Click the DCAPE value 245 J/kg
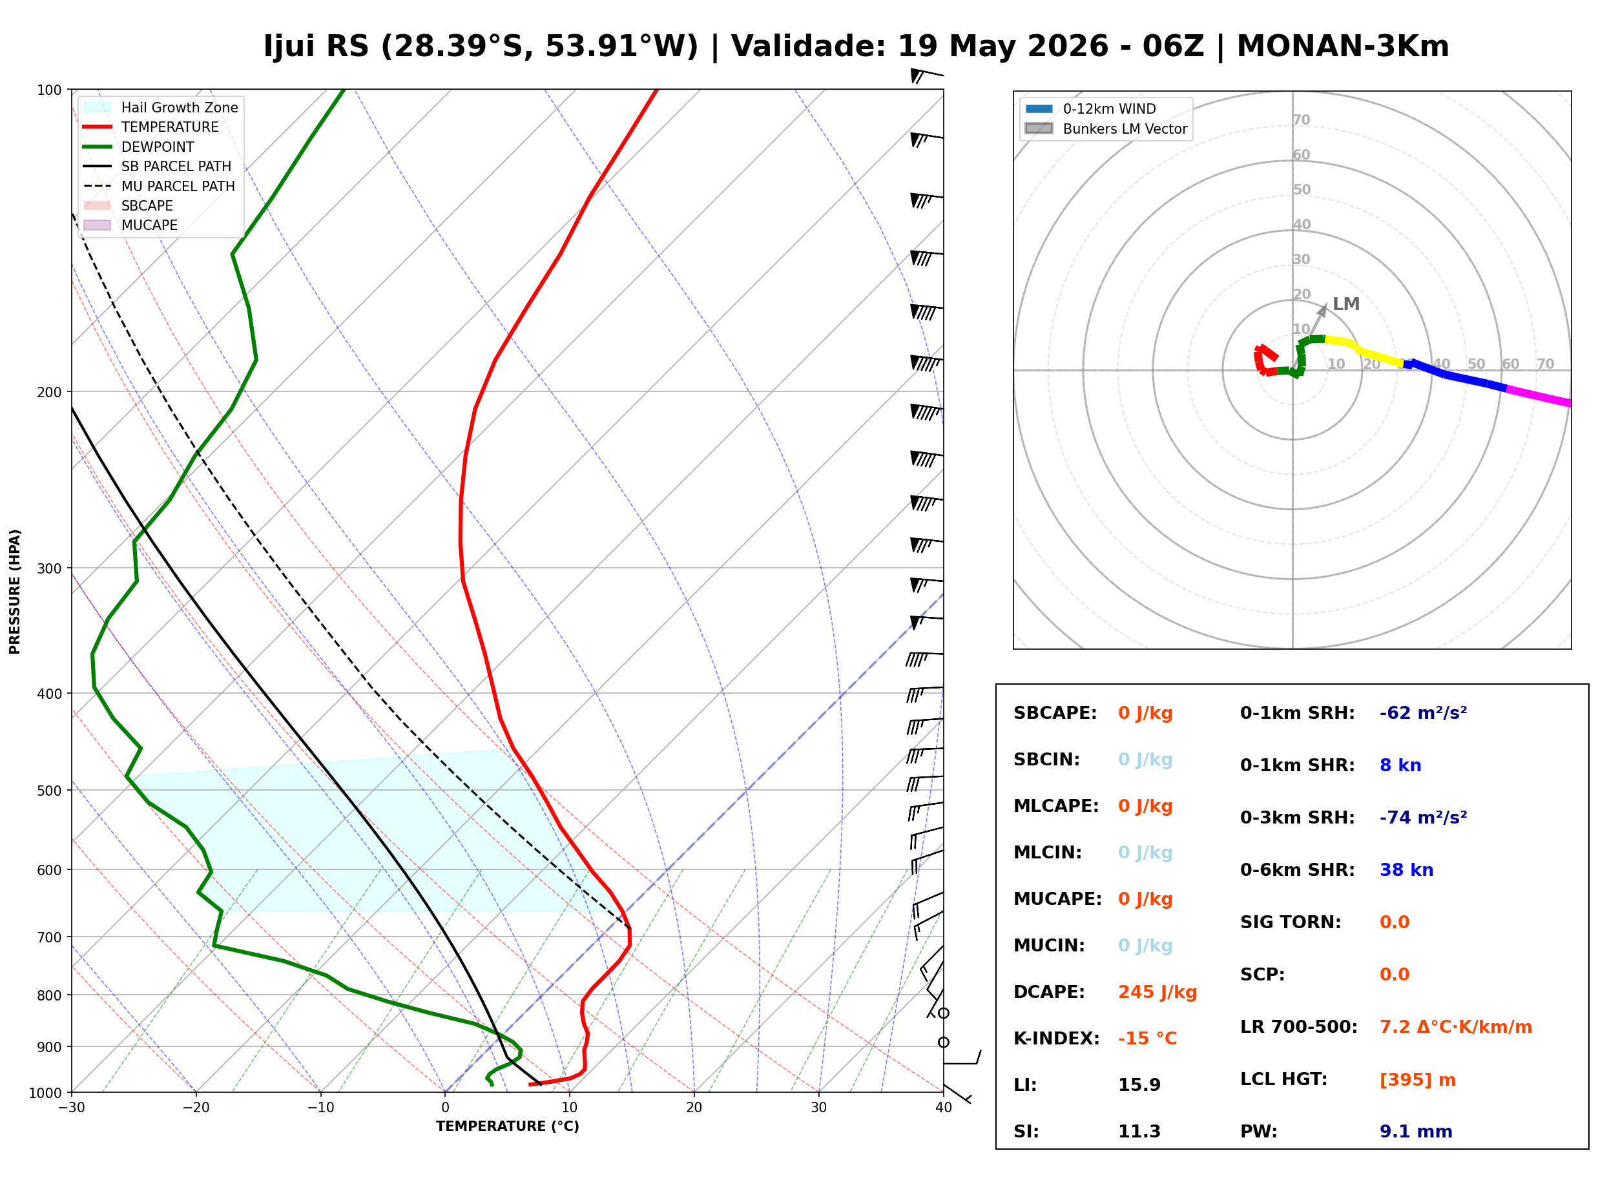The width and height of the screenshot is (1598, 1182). tap(1157, 991)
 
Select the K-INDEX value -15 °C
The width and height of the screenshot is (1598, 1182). tap(1147, 1038)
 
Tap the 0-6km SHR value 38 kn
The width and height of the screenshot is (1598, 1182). tap(1406, 870)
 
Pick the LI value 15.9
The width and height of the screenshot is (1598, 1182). tap(1139, 1084)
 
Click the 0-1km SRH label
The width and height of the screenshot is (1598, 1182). tap(1297, 713)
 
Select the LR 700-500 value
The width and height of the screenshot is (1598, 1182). tap(1455, 1027)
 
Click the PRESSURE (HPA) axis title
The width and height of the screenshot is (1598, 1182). tap(15, 591)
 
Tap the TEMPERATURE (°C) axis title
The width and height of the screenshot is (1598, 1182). tap(507, 1126)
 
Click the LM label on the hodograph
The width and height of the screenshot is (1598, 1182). tap(1345, 304)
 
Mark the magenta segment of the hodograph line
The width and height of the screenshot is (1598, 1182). tap(1538, 397)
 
